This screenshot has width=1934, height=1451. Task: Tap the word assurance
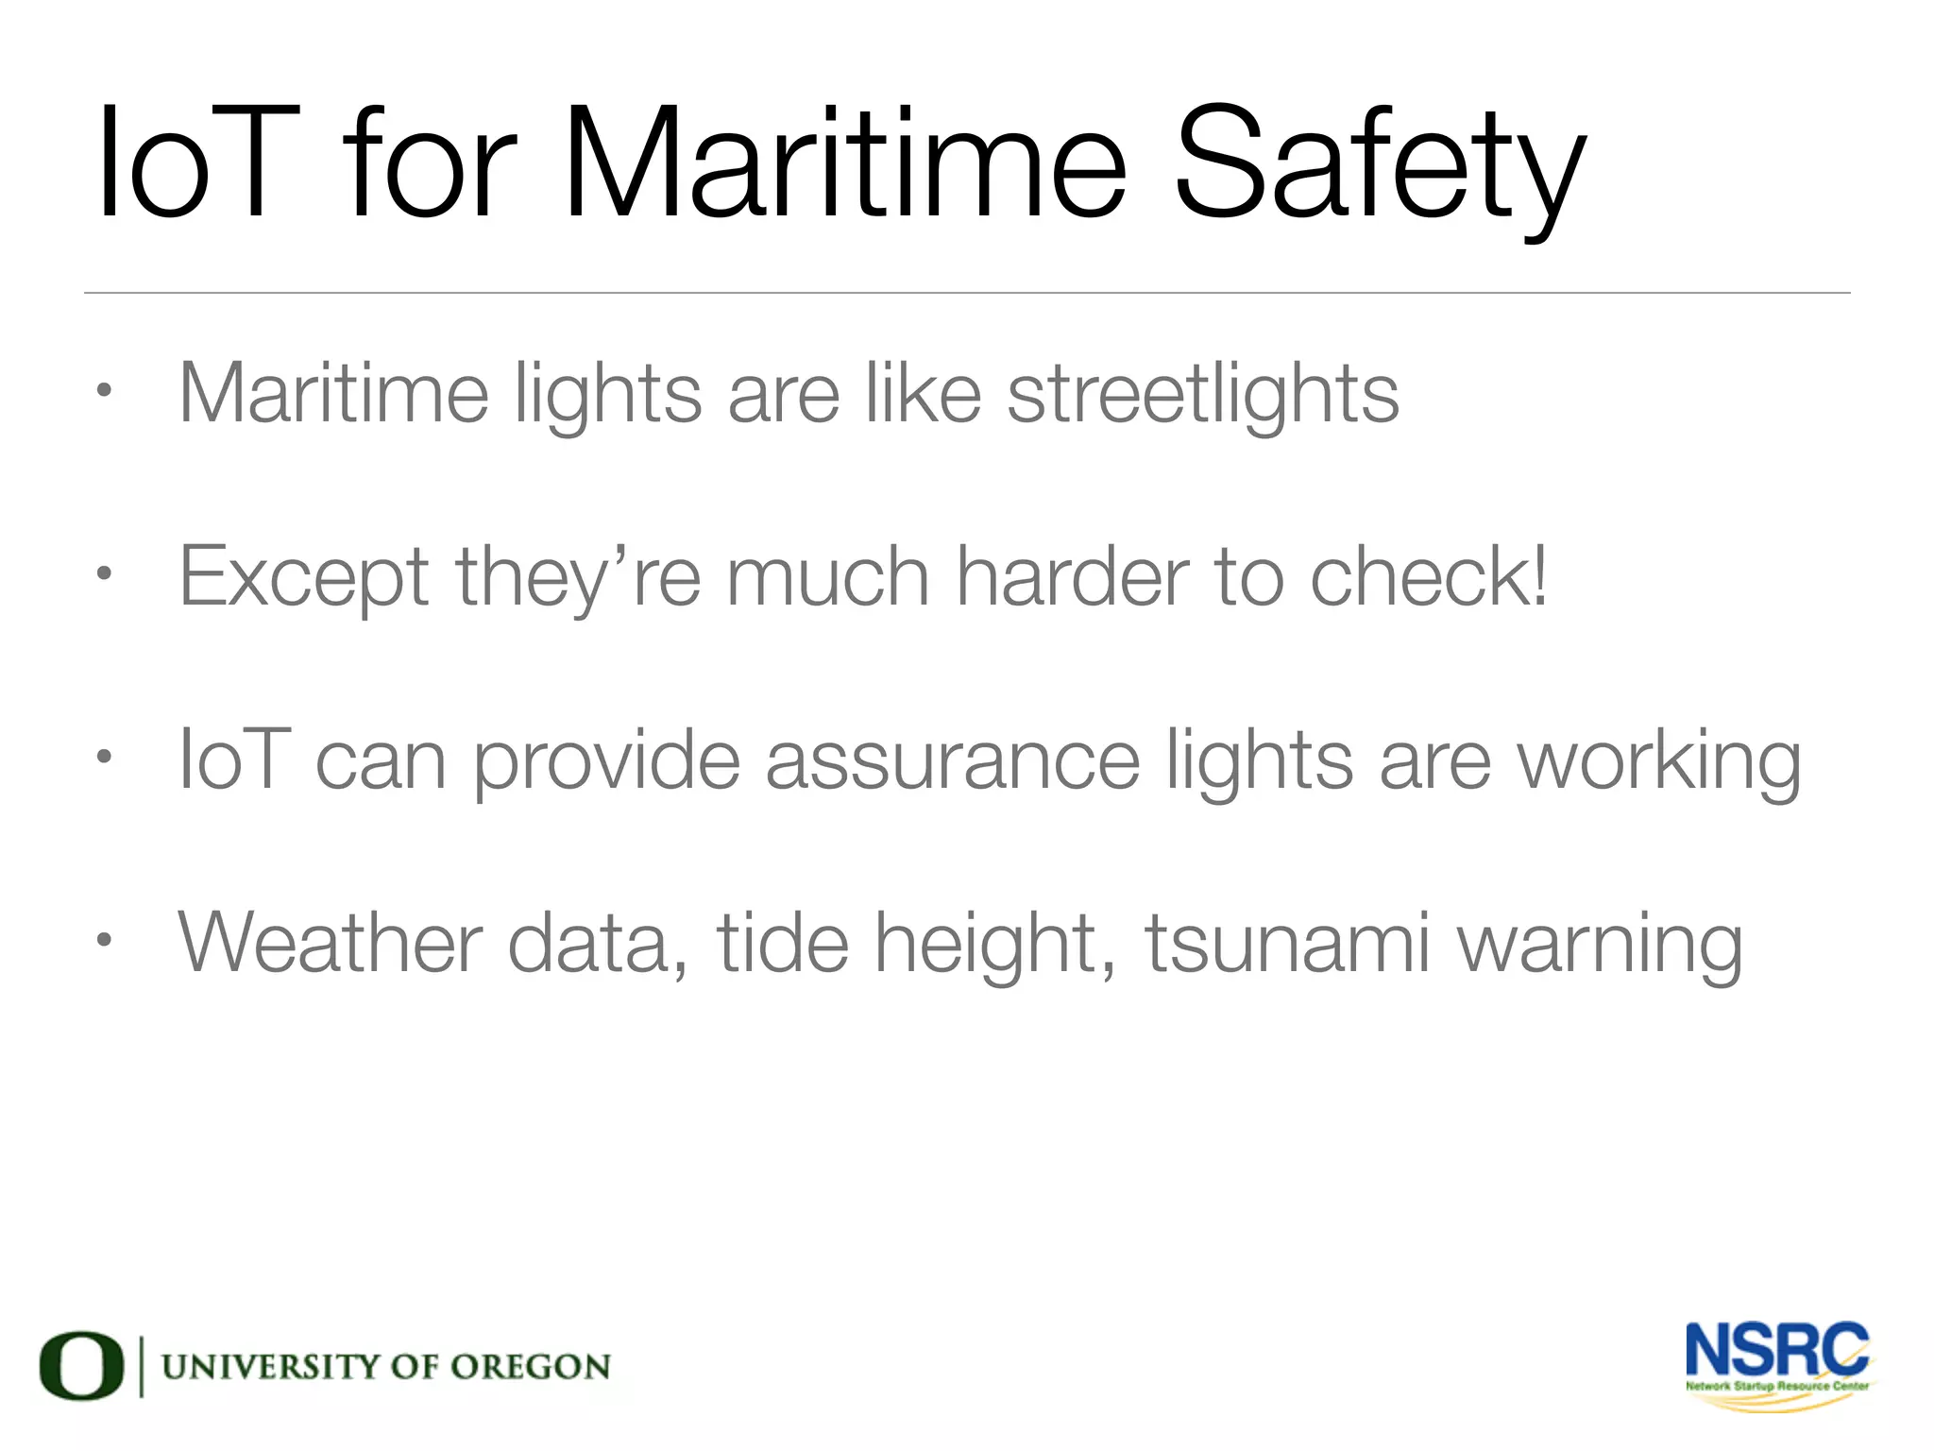pyautogui.click(x=952, y=760)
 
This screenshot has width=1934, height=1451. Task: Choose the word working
pyautogui.click(x=1659, y=761)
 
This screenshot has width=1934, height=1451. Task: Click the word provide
pyautogui.click(x=606, y=761)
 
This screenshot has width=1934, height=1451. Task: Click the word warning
pyautogui.click(x=1601, y=944)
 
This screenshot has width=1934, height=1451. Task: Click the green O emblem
pyautogui.click(x=81, y=1365)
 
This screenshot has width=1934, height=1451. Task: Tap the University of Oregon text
pyautogui.click(x=386, y=1366)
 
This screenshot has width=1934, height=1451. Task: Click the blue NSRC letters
pyautogui.click(x=1776, y=1350)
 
